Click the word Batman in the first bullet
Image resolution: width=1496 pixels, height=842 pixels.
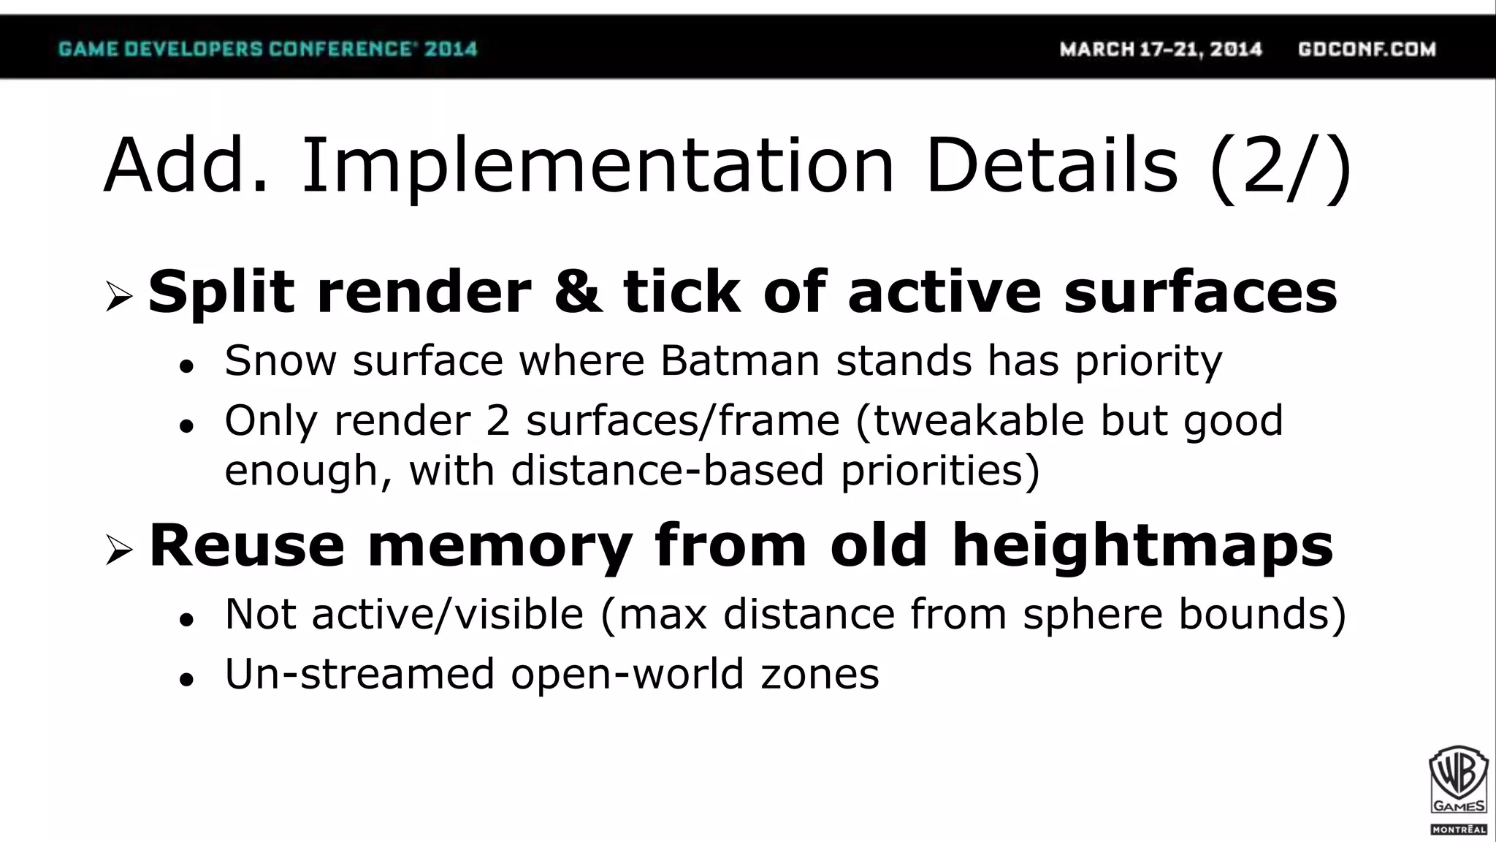(739, 360)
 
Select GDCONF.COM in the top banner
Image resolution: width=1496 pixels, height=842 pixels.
(1367, 49)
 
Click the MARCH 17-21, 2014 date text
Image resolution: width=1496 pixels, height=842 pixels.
(1161, 49)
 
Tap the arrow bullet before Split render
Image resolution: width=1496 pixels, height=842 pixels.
(118, 296)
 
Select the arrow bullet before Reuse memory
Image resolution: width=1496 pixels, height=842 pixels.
(118, 550)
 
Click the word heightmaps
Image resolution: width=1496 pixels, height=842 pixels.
(1143, 545)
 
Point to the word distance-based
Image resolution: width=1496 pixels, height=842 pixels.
(668, 469)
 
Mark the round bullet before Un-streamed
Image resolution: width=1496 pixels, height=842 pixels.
(187, 679)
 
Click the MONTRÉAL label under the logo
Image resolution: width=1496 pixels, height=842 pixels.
(1458, 830)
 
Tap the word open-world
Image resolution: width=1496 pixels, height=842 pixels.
(627, 673)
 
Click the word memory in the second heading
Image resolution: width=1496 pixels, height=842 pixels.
(500, 545)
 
